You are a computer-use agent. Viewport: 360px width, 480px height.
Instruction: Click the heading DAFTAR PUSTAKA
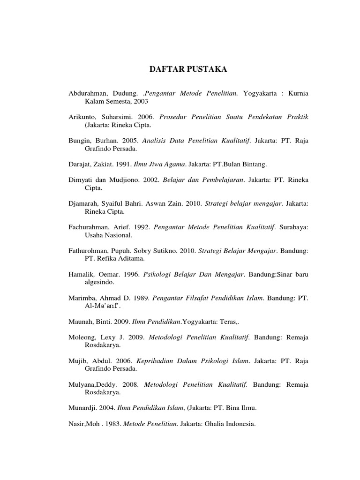coord(187,70)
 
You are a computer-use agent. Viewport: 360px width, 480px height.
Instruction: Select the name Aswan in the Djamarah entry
coord(165,204)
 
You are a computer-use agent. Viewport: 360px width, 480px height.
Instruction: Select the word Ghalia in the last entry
coord(213,424)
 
